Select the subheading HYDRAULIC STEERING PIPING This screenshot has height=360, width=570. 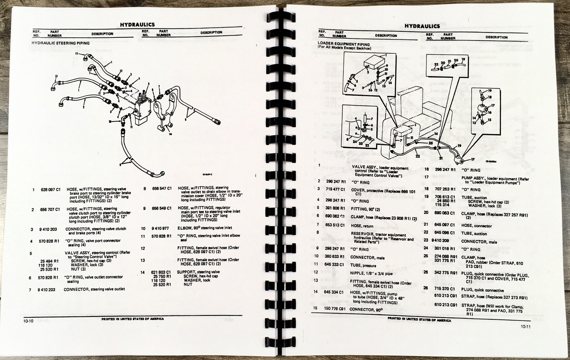61,43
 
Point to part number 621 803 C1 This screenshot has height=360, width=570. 162,272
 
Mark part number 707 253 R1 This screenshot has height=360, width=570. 445,189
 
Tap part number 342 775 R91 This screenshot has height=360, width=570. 445,272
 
